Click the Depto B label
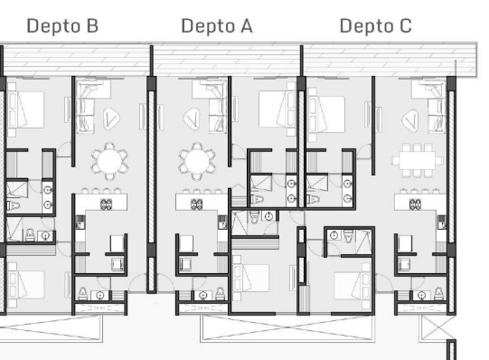[x=62, y=26]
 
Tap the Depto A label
[x=217, y=26]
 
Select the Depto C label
[x=375, y=26]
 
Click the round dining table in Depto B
[x=109, y=162]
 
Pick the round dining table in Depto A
[x=197, y=162]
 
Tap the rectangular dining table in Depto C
[x=418, y=160]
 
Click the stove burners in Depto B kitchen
[x=106, y=204]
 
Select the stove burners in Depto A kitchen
[x=196, y=204]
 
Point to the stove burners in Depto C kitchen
[x=415, y=204]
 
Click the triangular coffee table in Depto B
[x=111, y=118]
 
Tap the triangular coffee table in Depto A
[x=193, y=118]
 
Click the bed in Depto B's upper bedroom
[x=25, y=109]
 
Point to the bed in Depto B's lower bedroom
[x=26, y=284]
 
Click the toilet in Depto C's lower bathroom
[x=349, y=236]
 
